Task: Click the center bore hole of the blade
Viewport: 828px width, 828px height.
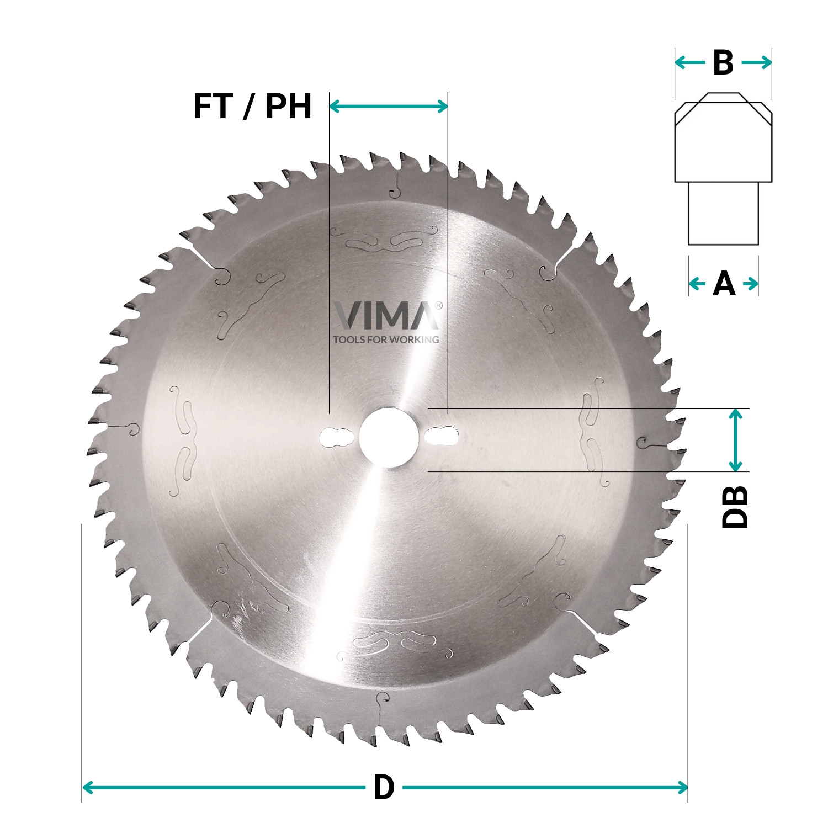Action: tap(386, 437)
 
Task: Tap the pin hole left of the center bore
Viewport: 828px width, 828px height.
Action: tap(336, 437)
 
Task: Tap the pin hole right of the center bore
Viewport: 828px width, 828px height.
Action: tap(442, 437)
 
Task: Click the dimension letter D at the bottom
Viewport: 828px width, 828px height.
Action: tap(384, 787)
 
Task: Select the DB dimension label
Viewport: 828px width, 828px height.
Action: tap(735, 507)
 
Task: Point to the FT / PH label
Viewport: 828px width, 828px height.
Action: tap(252, 106)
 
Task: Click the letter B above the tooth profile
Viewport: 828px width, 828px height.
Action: tap(723, 63)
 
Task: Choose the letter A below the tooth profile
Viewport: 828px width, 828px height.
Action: tap(724, 284)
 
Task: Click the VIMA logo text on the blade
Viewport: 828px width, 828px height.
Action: tap(385, 316)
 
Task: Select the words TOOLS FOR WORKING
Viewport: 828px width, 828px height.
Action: tap(386, 339)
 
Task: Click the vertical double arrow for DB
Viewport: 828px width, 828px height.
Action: tap(735, 440)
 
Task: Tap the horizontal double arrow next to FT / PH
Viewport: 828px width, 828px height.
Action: tap(389, 106)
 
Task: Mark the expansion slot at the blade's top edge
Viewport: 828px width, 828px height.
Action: tap(395, 184)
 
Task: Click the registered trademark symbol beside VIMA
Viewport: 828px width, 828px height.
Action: tap(439, 305)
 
